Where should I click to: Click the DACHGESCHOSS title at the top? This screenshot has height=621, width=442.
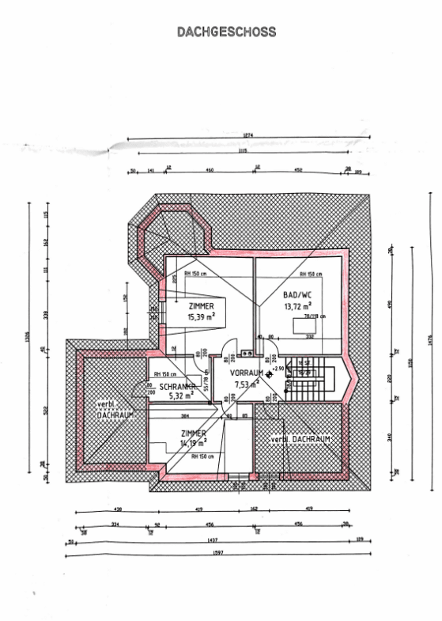tap(226, 32)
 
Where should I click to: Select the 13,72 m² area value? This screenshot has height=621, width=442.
tap(297, 305)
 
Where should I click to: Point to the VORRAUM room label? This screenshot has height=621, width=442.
tap(246, 372)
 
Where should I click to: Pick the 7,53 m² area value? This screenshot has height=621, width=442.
tap(247, 384)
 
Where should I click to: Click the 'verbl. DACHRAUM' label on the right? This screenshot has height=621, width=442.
tap(300, 439)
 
